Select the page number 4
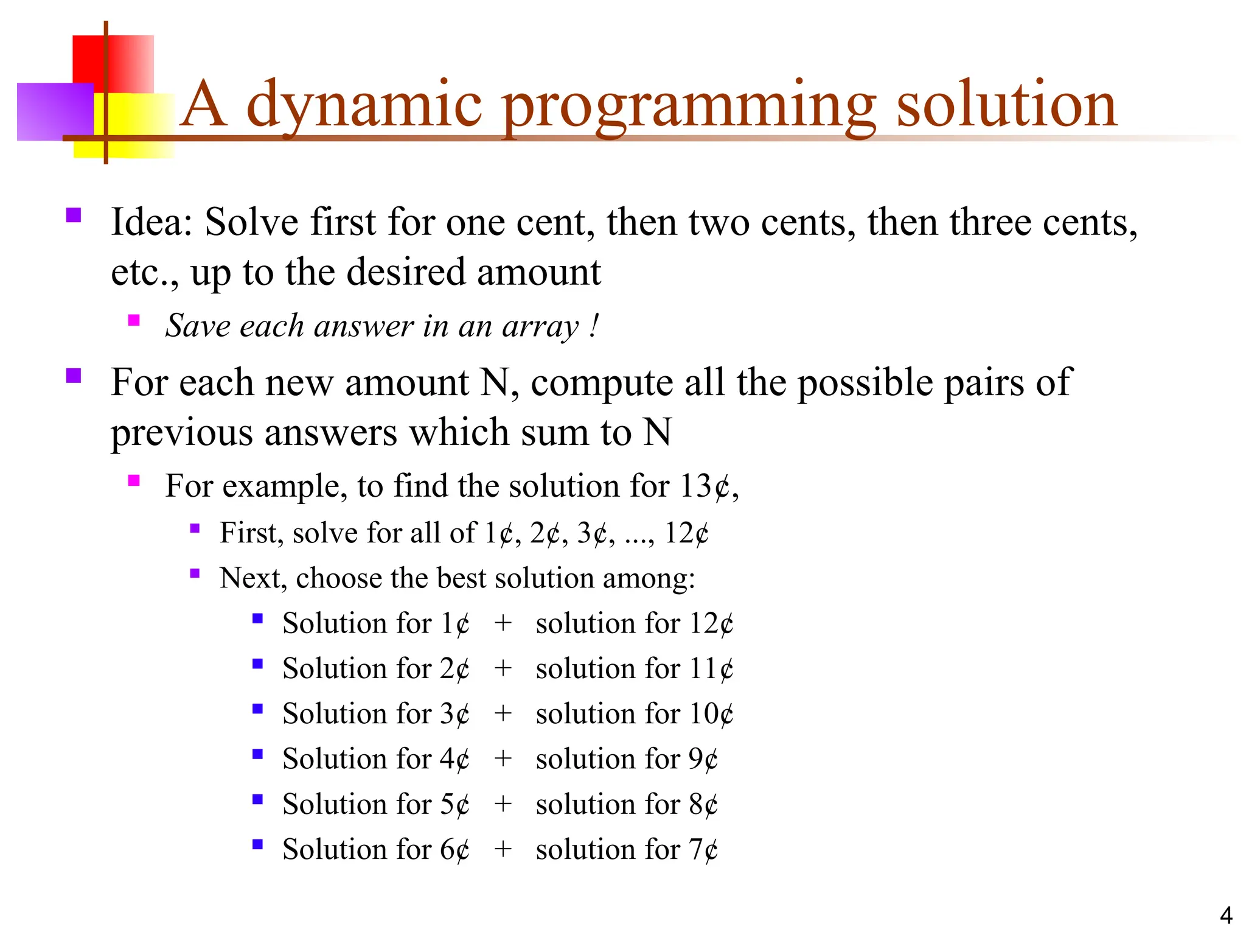(1226, 916)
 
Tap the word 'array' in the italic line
(540, 326)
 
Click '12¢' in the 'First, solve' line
(686, 533)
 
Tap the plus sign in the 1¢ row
(503, 623)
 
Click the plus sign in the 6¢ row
(503, 849)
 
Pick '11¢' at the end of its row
(711, 669)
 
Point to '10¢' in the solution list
(711, 714)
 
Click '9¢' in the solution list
(703, 759)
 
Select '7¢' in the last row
(703, 849)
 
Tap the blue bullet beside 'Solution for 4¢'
(257, 754)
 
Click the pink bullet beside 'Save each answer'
(134, 320)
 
